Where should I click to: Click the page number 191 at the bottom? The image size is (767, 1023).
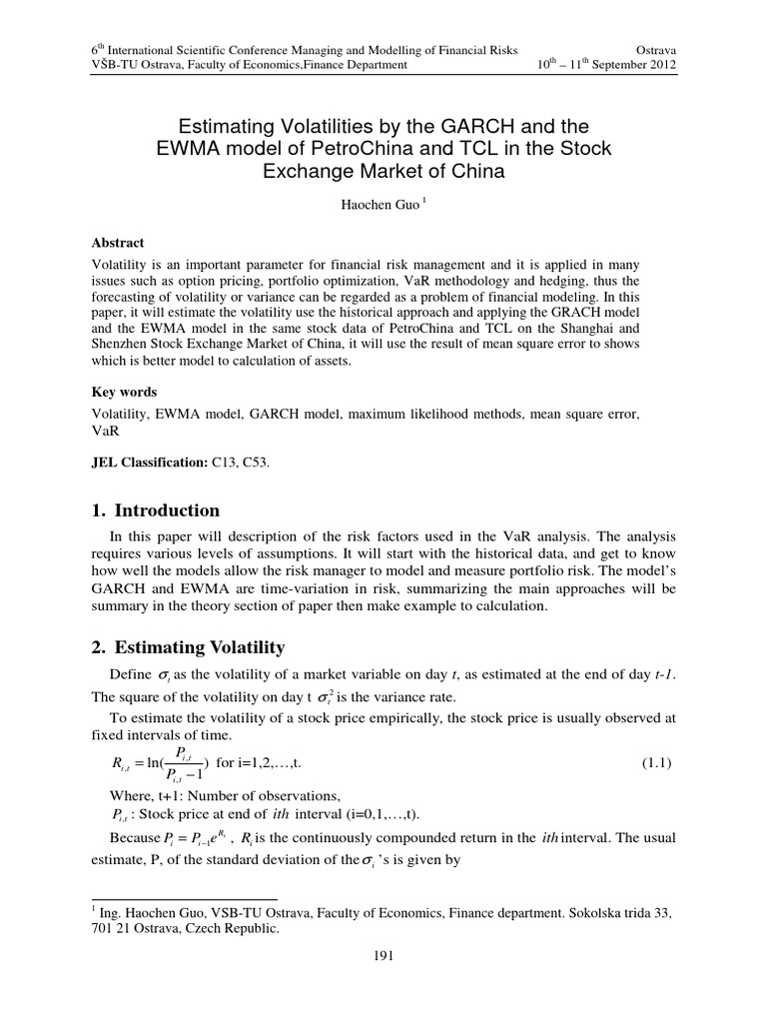[383, 956]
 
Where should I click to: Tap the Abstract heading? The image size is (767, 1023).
[118, 243]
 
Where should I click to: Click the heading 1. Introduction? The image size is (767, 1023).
[155, 511]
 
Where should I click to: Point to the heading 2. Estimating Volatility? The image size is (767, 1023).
[189, 647]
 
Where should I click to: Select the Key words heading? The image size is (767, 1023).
[124, 393]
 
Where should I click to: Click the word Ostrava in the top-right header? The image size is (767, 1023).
[653, 48]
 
